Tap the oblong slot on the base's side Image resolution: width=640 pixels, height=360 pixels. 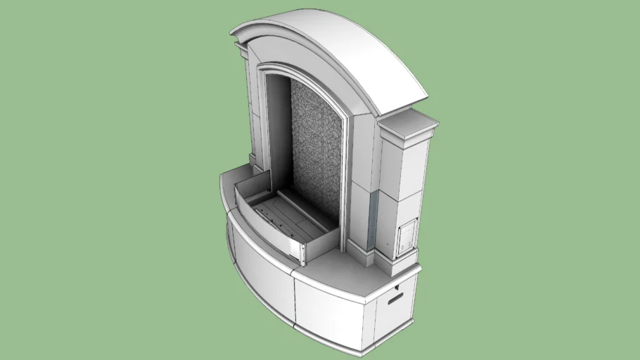tap(396, 299)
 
